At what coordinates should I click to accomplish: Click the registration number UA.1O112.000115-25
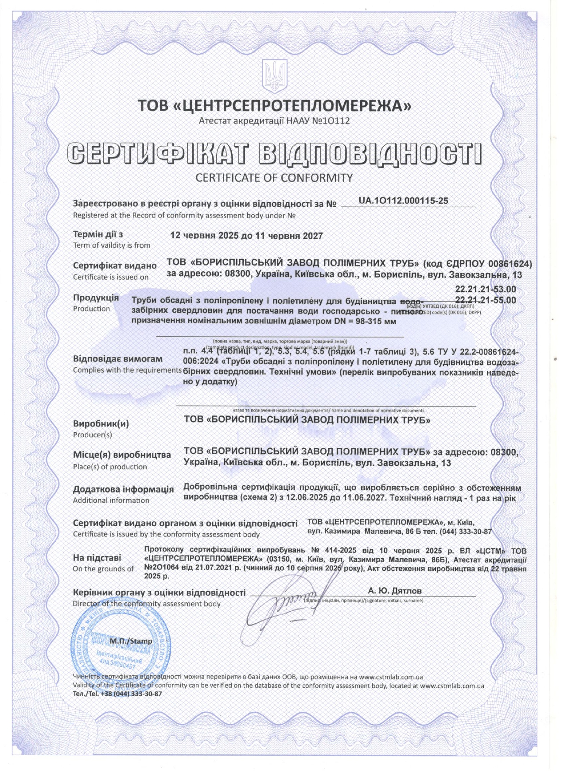pos(403,201)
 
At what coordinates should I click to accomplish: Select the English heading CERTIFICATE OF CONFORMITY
pos(274,178)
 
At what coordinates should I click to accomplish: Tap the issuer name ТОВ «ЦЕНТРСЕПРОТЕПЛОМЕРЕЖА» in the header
pos(275,106)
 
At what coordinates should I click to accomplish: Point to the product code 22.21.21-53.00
pos(486,289)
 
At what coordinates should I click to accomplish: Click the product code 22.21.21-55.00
pos(486,300)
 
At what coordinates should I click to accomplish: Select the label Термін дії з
pos(98,234)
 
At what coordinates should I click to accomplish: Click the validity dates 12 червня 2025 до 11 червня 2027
pos(246,236)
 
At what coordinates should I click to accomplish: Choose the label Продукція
pos(96,298)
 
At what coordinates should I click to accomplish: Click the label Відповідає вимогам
pos(117,359)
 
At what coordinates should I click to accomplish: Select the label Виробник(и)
pos(101,423)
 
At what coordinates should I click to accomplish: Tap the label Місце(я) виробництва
pos(122,455)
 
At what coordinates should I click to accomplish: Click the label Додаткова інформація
pos(123,489)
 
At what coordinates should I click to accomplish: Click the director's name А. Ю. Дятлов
pos(395,590)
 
